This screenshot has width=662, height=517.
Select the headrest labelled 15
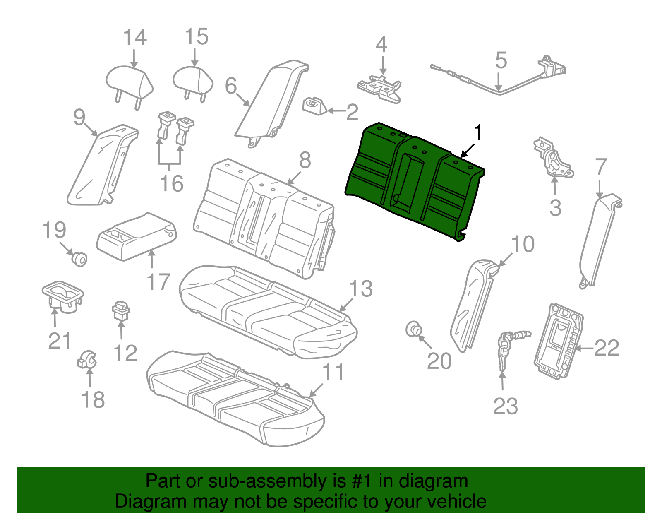coord(193,81)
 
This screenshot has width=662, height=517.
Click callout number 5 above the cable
coord(501,61)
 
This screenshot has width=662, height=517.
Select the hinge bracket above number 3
coord(553,159)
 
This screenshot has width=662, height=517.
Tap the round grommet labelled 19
coord(79,259)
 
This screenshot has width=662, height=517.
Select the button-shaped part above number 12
coord(120,310)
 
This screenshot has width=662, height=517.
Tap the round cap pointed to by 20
coord(413,330)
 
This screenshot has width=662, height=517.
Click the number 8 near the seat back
coord(305,160)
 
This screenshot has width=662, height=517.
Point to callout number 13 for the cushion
coord(361,289)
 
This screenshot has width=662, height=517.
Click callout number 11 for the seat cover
coord(333,372)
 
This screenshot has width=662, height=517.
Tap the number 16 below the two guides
coord(172,183)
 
